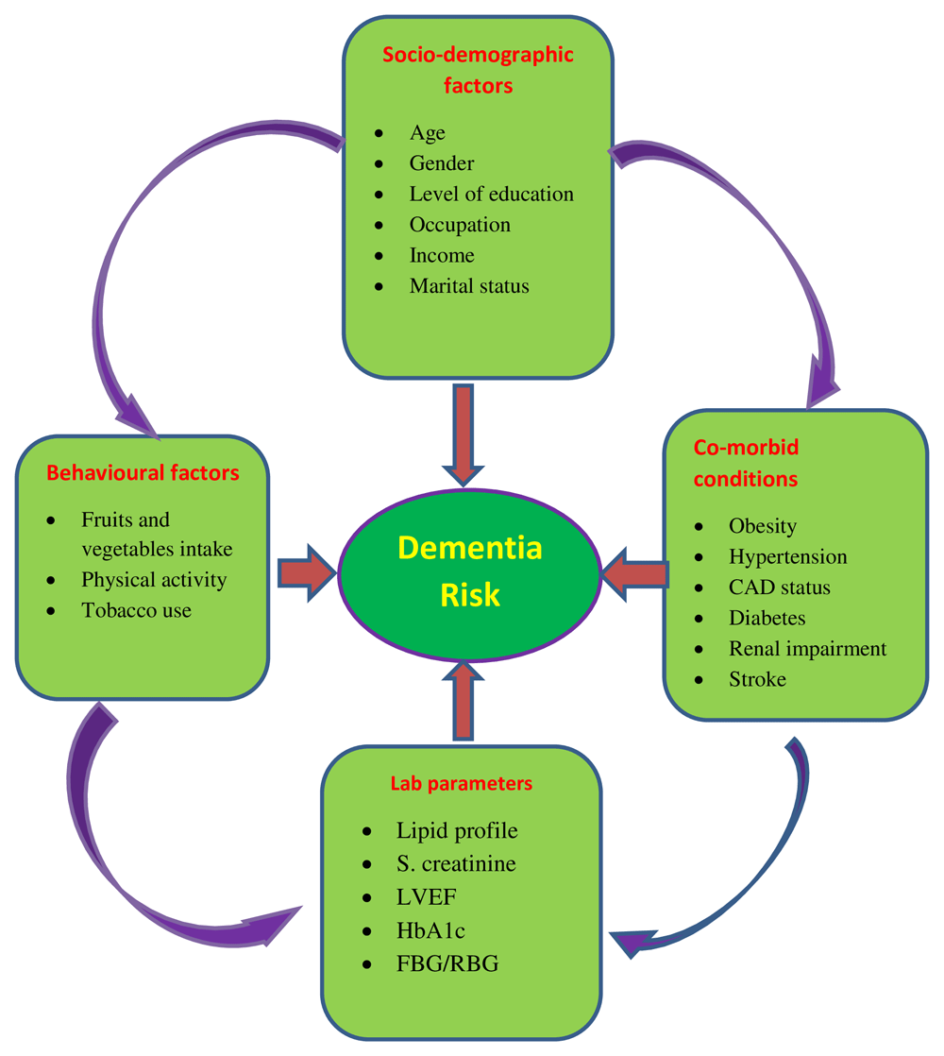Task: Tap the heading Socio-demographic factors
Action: (478, 69)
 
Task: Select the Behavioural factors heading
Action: (143, 470)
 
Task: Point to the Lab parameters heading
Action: (462, 783)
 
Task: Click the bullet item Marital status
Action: (469, 285)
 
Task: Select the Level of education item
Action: (491, 194)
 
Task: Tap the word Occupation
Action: (460, 225)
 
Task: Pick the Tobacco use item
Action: (136, 610)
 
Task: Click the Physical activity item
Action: (154, 579)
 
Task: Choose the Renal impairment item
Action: (807, 648)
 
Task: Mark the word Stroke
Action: (757, 679)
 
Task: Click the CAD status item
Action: (780, 587)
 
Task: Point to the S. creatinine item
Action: (456, 863)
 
